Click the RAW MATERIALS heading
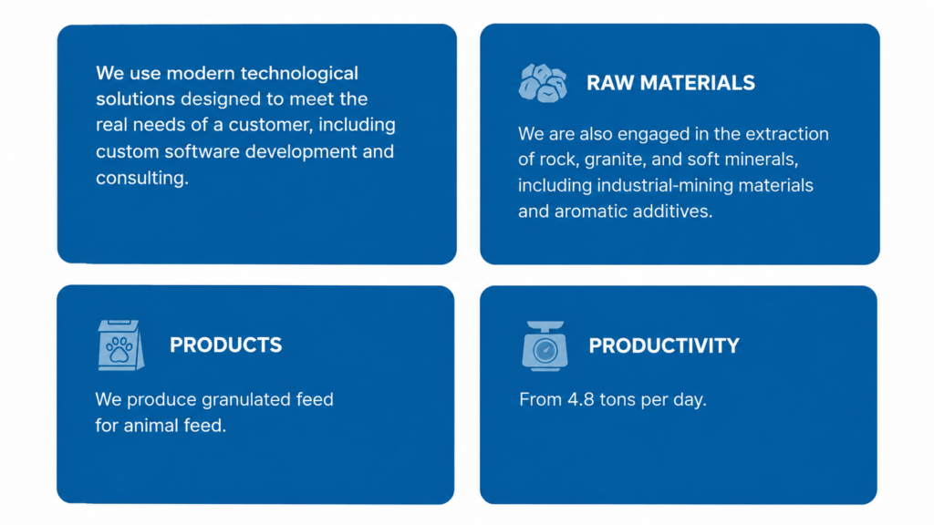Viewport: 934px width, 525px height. (x=670, y=83)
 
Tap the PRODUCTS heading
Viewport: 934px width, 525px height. (x=226, y=345)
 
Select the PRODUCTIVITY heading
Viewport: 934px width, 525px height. (x=664, y=345)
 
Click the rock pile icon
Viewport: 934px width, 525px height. (x=543, y=83)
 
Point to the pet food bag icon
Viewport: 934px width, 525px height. (x=121, y=345)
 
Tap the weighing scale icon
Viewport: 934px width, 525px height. (x=545, y=346)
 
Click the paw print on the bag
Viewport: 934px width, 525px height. (x=119, y=349)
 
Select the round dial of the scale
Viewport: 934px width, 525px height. (x=545, y=351)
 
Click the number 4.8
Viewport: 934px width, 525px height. (x=580, y=399)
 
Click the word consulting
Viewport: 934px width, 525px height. (x=142, y=178)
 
